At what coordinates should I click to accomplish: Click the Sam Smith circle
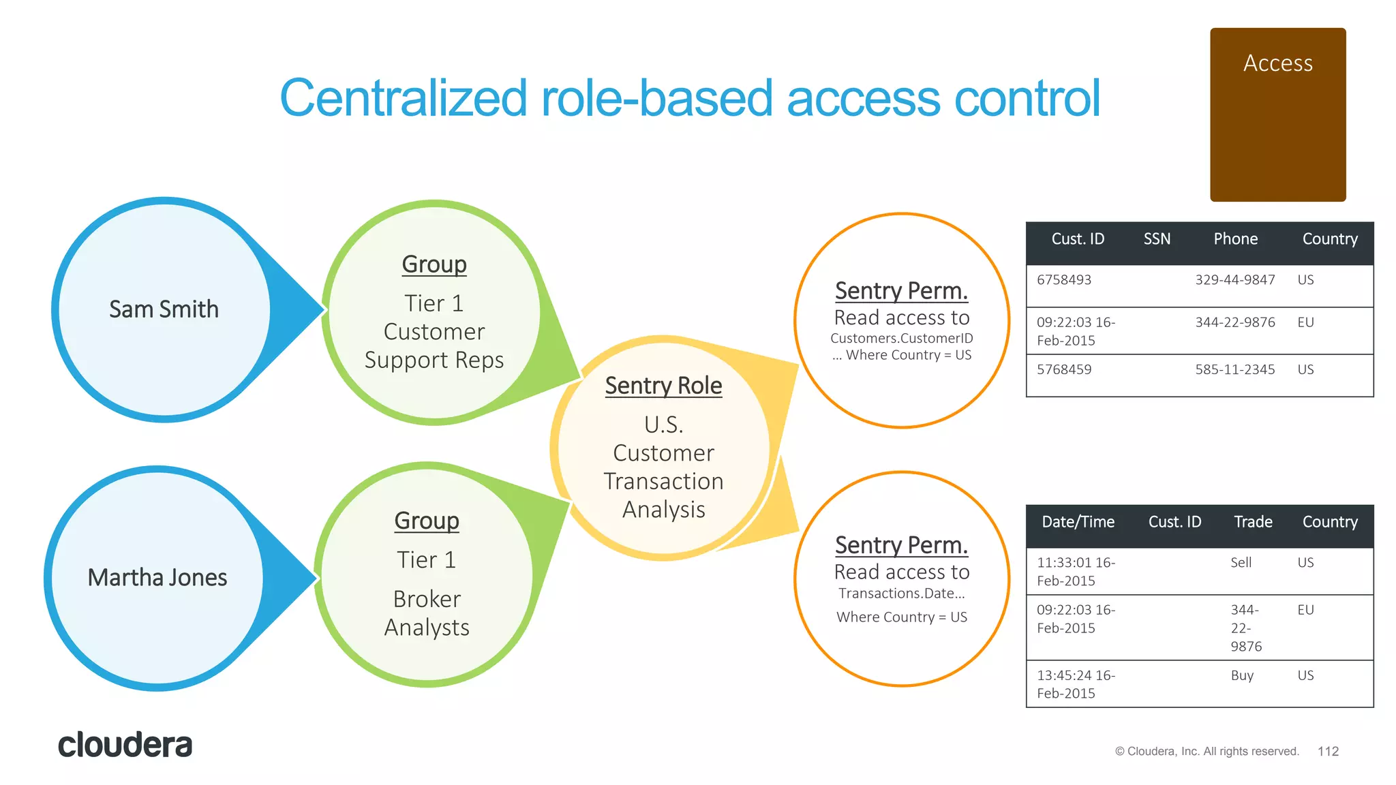(x=164, y=310)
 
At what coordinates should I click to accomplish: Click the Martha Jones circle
(x=157, y=578)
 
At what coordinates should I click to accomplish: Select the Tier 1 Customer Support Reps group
(x=434, y=313)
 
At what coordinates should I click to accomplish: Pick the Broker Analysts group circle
(x=427, y=576)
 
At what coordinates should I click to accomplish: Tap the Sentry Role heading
(x=663, y=386)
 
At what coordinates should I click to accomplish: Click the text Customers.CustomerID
(x=901, y=338)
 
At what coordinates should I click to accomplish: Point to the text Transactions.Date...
(x=901, y=594)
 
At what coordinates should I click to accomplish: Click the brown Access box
(x=1277, y=114)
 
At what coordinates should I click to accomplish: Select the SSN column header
(x=1157, y=239)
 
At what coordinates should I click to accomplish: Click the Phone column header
(x=1235, y=239)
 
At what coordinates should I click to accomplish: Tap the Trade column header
(x=1253, y=522)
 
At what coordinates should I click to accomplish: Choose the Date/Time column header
(x=1078, y=522)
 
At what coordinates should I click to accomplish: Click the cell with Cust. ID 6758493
(x=1064, y=280)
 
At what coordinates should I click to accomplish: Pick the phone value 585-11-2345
(x=1234, y=369)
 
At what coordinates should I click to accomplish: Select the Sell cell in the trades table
(x=1241, y=563)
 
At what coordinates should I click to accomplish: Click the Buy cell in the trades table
(x=1242, y=675)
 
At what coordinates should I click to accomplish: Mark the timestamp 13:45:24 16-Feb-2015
(x=1075, y=684)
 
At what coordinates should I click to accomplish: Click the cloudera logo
(x=125, y=745)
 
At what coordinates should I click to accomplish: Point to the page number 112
(x=1328, y=751)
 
